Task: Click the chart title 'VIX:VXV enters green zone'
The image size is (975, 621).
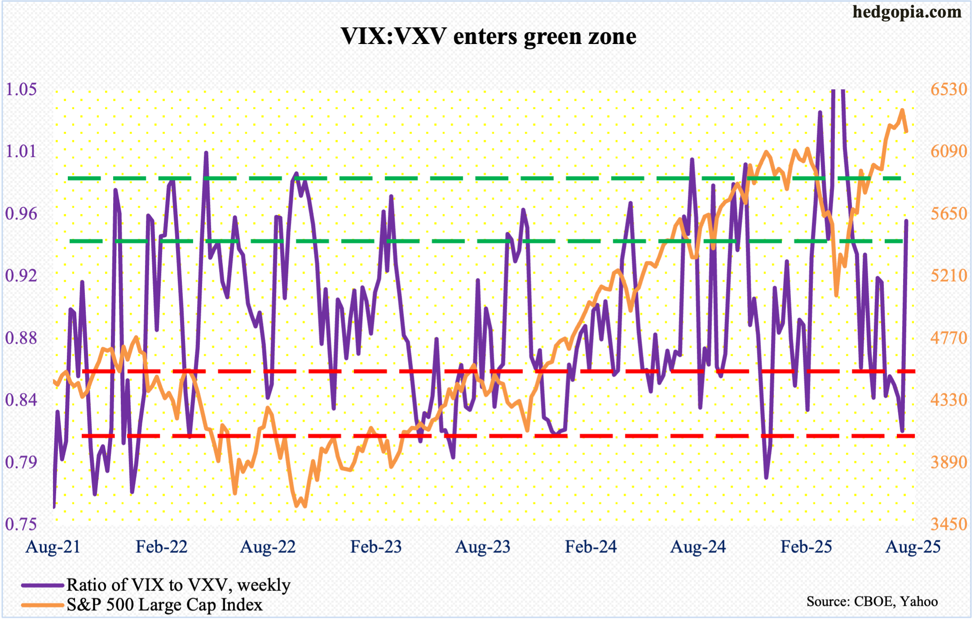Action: tap(488, 36)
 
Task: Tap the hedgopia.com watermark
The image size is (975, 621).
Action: tap(907, 12)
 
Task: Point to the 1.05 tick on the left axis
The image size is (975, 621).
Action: tap(21, 89)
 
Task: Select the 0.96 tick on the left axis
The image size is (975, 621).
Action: tap(21, 214)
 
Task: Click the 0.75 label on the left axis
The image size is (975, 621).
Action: tap(21, 524)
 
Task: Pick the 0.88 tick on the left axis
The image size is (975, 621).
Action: tap(21, 337)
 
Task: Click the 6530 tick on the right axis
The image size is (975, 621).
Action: tap(949, 89)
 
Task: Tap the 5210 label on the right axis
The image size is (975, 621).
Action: tap(949, 276)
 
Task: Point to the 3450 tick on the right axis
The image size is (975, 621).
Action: tap(949, 524)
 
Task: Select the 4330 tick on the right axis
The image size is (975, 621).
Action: tap(949, 399)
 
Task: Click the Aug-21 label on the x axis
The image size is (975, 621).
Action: tap(53, 547)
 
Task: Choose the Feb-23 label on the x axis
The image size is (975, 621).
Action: tap(376, 547)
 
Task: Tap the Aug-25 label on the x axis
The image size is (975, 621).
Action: tap(913, 547)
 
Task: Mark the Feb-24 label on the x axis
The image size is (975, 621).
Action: tap(591, 547)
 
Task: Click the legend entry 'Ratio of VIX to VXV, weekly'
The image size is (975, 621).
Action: tap(179, 585)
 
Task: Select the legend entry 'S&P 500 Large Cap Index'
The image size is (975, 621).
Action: tap(164, 605)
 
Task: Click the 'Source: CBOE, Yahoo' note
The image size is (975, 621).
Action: tap(872, 601)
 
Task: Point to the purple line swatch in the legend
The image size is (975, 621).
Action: tap(43, 585)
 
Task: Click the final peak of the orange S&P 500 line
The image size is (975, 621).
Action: tap(902, 110)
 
